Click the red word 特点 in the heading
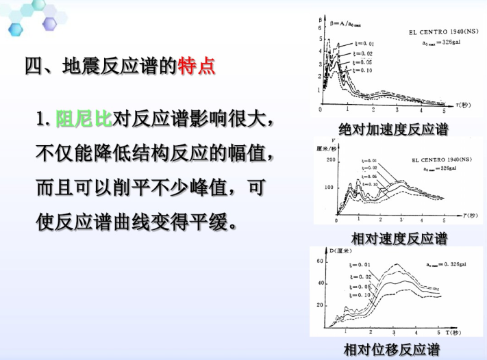click(197, 66)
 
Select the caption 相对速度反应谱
click(399, 239)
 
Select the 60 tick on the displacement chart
click(321, 262)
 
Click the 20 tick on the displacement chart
click(321, 305)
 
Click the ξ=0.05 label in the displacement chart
click(358, 287)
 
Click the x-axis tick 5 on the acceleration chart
click(443, 110)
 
